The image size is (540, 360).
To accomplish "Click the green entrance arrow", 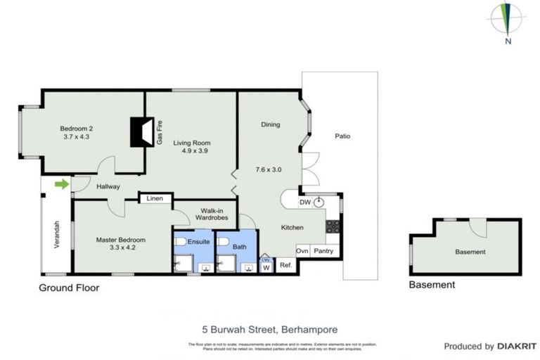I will point(62,185).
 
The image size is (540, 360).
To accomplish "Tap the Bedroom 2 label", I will point(77,128).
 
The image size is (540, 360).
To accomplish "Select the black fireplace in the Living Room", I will point(142,131).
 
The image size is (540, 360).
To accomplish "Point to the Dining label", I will point(270,124).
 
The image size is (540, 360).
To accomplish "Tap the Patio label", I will point(342,136).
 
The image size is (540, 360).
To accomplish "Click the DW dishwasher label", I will point(304,202).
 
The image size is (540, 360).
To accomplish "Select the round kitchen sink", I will point(319,202).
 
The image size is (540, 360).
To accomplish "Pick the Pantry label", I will point(324,250).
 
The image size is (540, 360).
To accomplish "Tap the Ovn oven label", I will point(302,250).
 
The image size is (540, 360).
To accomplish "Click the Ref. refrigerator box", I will point(285,265).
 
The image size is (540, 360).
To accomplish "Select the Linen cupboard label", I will point(155,199).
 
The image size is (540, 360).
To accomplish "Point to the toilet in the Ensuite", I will point(180,242).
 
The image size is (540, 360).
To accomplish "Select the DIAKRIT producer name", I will point(518,347).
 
